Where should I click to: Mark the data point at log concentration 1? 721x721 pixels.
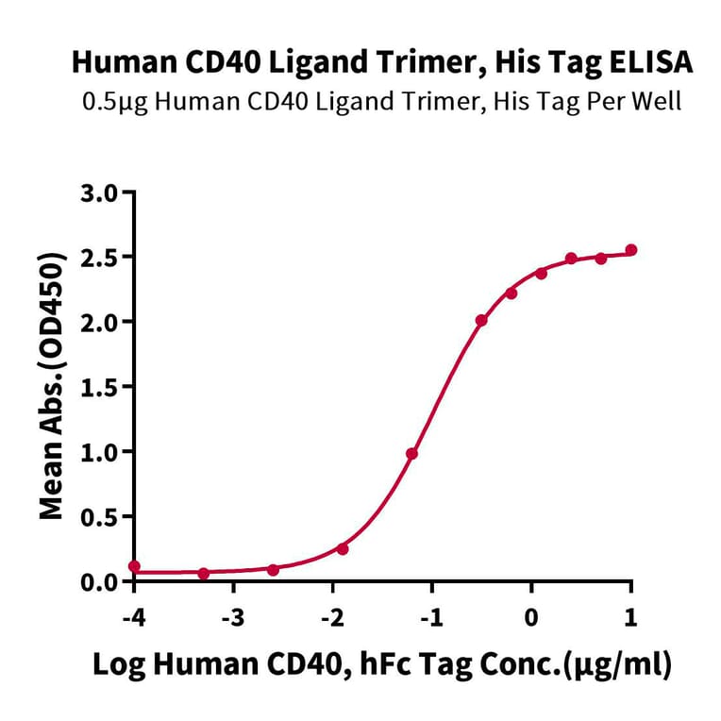coord(630,250)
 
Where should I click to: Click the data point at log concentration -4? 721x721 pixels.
coord(134,566)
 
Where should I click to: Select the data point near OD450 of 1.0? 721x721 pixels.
coord(411,454)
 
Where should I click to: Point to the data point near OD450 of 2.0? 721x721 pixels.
coord(481,321)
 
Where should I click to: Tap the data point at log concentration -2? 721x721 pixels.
coord(343,548)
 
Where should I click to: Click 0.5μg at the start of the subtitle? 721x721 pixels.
coord(110,101)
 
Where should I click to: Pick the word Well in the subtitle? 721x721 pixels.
coord(658,101)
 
